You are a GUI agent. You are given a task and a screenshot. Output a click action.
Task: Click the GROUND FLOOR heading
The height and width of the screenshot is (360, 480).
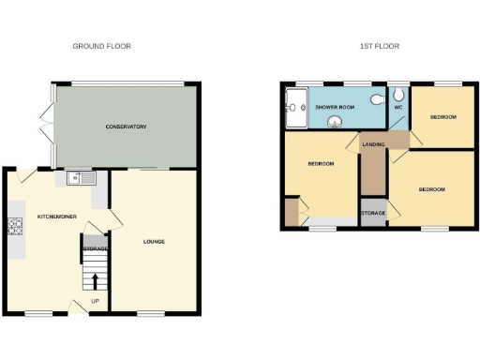(x=102, y=46)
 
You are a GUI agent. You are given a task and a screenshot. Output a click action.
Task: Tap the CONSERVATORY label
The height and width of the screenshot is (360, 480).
(x=126, y=127)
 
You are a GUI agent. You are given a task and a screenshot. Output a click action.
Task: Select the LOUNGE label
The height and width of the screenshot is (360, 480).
(x=154, y=241)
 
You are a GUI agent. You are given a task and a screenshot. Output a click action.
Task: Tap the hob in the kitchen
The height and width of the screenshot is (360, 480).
(x=15, y=225)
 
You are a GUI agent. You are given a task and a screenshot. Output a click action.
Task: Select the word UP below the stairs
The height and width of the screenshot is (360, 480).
(x=96, y=301)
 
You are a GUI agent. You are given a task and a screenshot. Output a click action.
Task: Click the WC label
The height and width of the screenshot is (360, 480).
(x=398, y=108)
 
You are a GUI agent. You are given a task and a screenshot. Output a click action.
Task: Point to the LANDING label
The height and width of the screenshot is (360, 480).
(x=372, y=143)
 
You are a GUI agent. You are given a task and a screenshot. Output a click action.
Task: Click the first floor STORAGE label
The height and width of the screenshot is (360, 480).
(x=373, y=213)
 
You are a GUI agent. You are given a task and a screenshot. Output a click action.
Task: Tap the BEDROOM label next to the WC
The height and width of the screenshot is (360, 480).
(x=442, y=117)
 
